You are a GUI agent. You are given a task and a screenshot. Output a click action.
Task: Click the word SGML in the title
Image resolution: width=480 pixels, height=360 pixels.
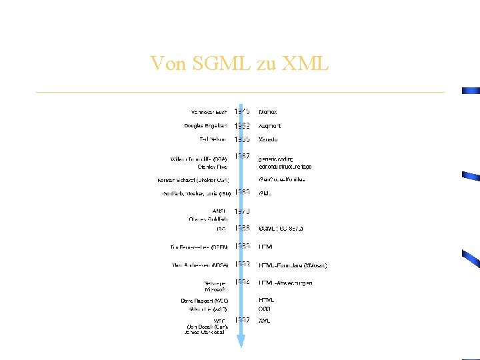(x=214, y=63)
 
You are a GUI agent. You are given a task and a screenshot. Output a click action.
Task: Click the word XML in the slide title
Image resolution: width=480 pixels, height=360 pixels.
(x=305, y=63)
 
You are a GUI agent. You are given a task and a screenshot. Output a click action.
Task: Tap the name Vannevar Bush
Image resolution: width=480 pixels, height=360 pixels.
(x=209, y=112)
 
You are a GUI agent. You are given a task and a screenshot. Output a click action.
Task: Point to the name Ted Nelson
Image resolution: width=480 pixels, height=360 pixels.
(x=213, y=139)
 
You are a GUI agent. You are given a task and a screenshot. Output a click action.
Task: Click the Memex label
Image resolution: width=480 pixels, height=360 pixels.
(x=268, y=112)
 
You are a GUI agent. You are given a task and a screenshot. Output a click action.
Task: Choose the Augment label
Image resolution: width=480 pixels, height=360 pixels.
(x=270, y=125)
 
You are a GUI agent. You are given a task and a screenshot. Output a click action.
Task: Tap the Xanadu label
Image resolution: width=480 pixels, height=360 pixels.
(x=269, y=139)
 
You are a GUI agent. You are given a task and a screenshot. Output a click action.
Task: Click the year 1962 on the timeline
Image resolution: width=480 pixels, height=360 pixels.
(x=242, y=125)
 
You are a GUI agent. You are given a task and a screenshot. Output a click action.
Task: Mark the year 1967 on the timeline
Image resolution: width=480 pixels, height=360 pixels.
(x=242, y=157)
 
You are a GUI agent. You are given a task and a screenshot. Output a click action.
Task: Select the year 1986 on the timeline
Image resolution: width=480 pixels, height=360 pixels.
(x=242, y=228)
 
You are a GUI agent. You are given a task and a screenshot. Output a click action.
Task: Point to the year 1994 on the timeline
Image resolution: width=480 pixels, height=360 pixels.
(x=242, y=282)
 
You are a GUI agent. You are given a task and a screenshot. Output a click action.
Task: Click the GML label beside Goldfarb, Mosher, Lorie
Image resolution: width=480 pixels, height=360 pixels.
(x=265, y=193)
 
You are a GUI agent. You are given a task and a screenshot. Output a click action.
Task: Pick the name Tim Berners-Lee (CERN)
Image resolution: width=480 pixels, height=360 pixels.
(x=199, y=247)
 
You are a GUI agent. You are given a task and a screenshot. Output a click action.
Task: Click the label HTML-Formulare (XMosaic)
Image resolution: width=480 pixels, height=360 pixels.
(x=293, y=265)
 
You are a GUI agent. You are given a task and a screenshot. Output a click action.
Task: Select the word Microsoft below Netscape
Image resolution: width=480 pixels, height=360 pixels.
(x=215, y=290)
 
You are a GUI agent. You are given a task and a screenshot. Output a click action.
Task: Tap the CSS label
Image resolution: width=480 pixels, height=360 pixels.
(x=265, y=309)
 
